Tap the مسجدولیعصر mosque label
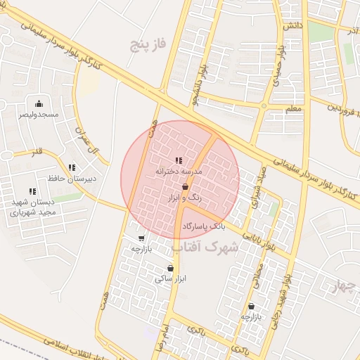click(39, 114)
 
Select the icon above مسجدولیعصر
click(39, 103)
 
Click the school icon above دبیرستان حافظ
click(72, 167)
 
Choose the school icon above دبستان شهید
click(32, 191)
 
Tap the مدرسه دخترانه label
click(178, 171)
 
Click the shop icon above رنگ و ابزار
click(185, 188)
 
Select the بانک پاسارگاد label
click(204, 226)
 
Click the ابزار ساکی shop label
click(169, 279)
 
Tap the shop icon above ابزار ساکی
click(170, 268)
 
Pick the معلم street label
click(294, 110)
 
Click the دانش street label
click(292, 26)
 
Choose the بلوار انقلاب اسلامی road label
click(77, 347)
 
